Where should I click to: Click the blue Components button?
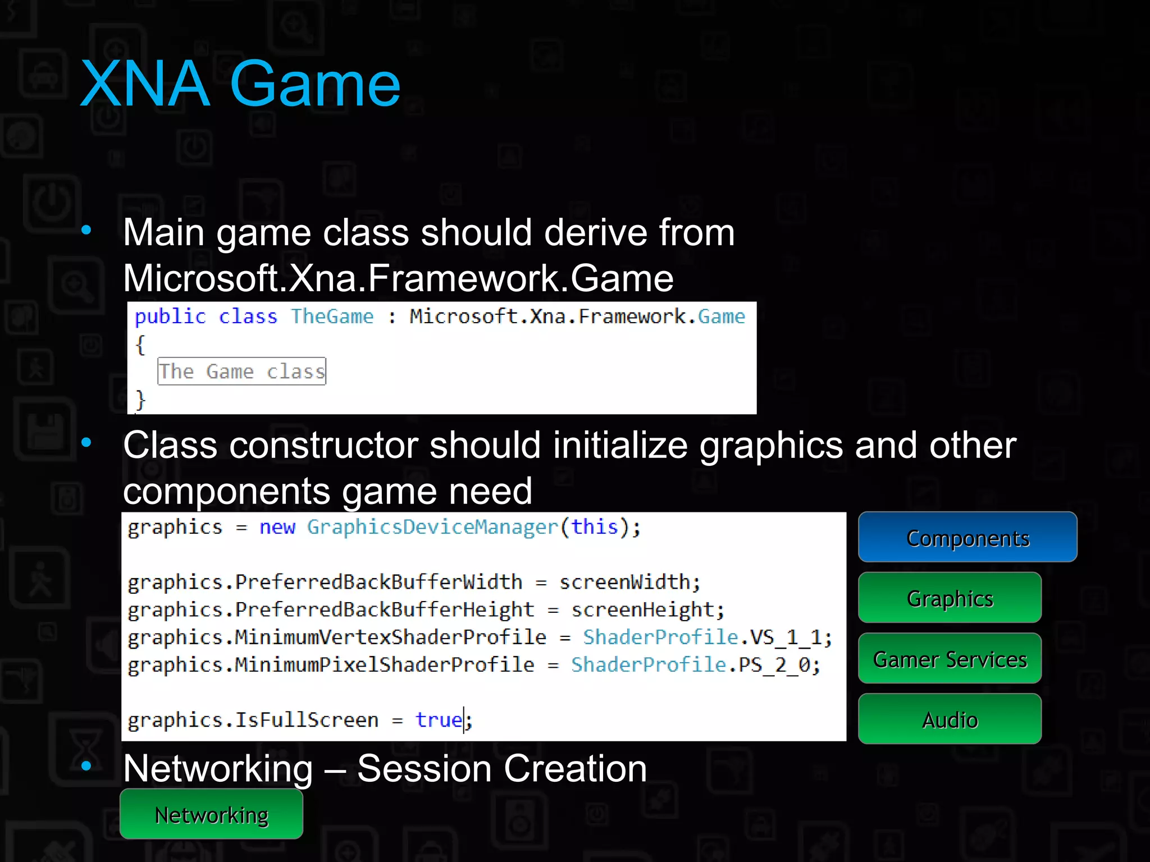click(x=967, y=537)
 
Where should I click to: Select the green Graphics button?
click(x=950, y=598)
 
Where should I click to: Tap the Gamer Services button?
click(x=950, y=658)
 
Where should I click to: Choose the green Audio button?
click(x=950, y=719)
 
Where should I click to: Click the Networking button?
click(x=211, y=814)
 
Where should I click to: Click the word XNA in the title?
click(x=145, y=84)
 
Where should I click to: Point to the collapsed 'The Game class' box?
click(x=241, y=371)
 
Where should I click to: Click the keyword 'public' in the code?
click(x=170, y=317)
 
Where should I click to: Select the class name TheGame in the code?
click(x=332, y=317)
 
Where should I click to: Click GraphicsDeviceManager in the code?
click(x=432, y=527)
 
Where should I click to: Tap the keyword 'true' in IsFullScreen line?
click(x=439, y=719)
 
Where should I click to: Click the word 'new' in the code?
click(x=277, y=527)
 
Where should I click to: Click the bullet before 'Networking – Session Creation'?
click(x=86, y=765)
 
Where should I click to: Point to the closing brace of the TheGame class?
click(x=140, y=400)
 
